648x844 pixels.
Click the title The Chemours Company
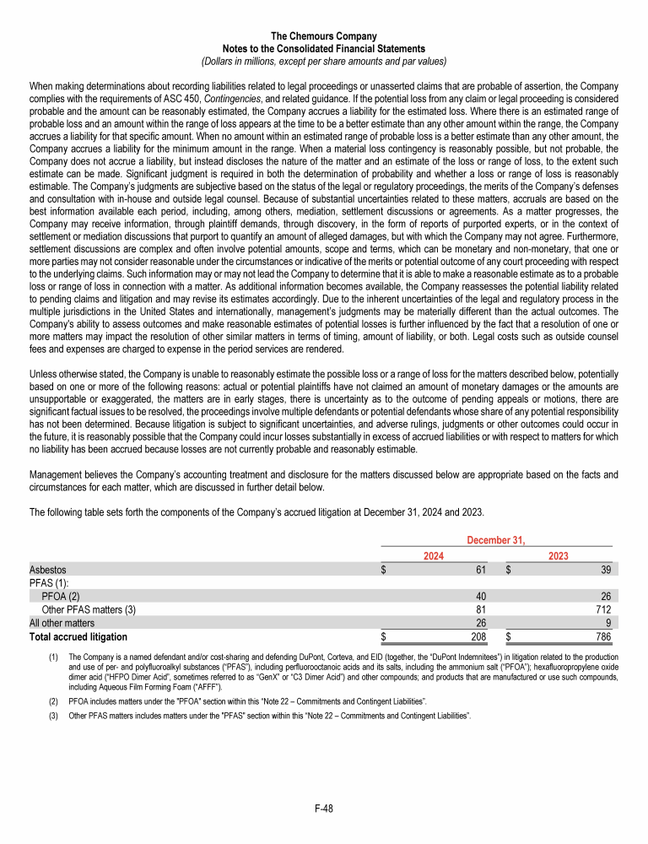[x=324, y=36]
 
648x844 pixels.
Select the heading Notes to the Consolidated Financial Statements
[x=324, y=49]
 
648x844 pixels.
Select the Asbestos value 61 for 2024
[x=481, y=571]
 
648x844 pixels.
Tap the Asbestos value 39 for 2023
[x=605, y=571]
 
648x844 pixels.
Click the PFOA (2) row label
[x=65, y=597]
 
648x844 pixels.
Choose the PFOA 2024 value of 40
[x=481, y=597]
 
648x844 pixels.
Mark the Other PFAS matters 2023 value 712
[x=602, y=609]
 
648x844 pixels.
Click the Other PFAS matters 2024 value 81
[x=481, y=609]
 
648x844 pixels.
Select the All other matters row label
[x=62, y=623]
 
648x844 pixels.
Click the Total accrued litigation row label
[x=78, y=636]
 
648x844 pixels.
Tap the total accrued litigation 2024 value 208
[x=478, y=636]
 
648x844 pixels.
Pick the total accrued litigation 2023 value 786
[x=602, y=636]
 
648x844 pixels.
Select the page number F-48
[x=324, y=809]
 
